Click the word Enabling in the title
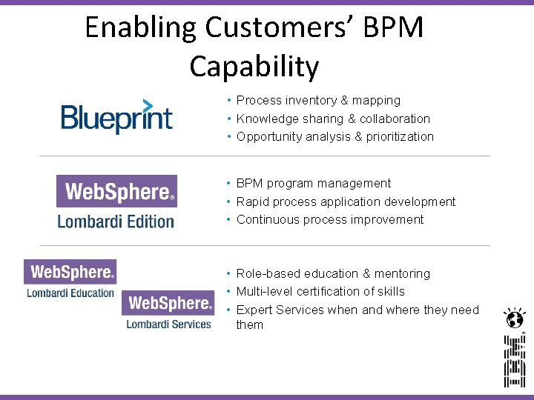pos(141,28)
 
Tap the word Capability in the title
pos(254,67)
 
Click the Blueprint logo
pos(116,117)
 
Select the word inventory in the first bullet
pos(309,100)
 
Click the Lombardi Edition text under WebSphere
pos(116,221)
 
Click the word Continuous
pos(268,219)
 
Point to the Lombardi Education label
pos(70,293)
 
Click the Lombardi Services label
pos(168,324)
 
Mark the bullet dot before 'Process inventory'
pos(230,100)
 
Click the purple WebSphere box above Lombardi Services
pos(168,302)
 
